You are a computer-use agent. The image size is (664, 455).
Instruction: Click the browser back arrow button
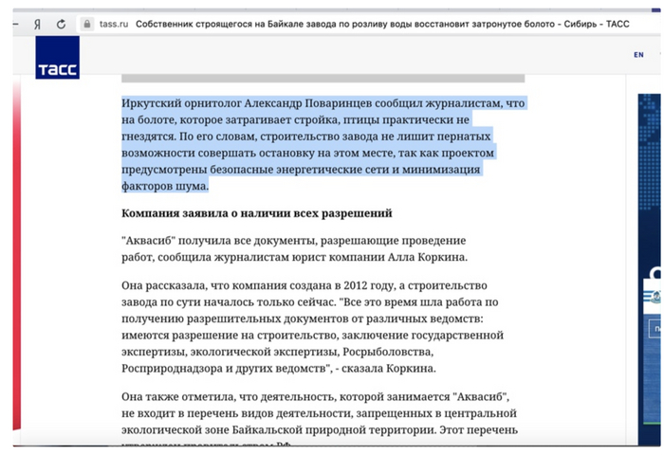point(16,24)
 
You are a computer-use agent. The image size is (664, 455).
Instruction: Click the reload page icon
point(62,24)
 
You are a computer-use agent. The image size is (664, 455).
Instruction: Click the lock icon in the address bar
point(87,24)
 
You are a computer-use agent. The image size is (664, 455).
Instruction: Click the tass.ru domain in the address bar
point(112,24)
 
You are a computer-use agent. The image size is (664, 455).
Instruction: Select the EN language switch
point(638,55)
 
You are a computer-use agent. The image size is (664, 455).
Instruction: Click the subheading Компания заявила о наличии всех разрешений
point(256,213)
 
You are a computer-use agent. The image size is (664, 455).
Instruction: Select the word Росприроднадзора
point(177,369)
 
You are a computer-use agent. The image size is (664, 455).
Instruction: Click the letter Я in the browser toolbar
point(37,24)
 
